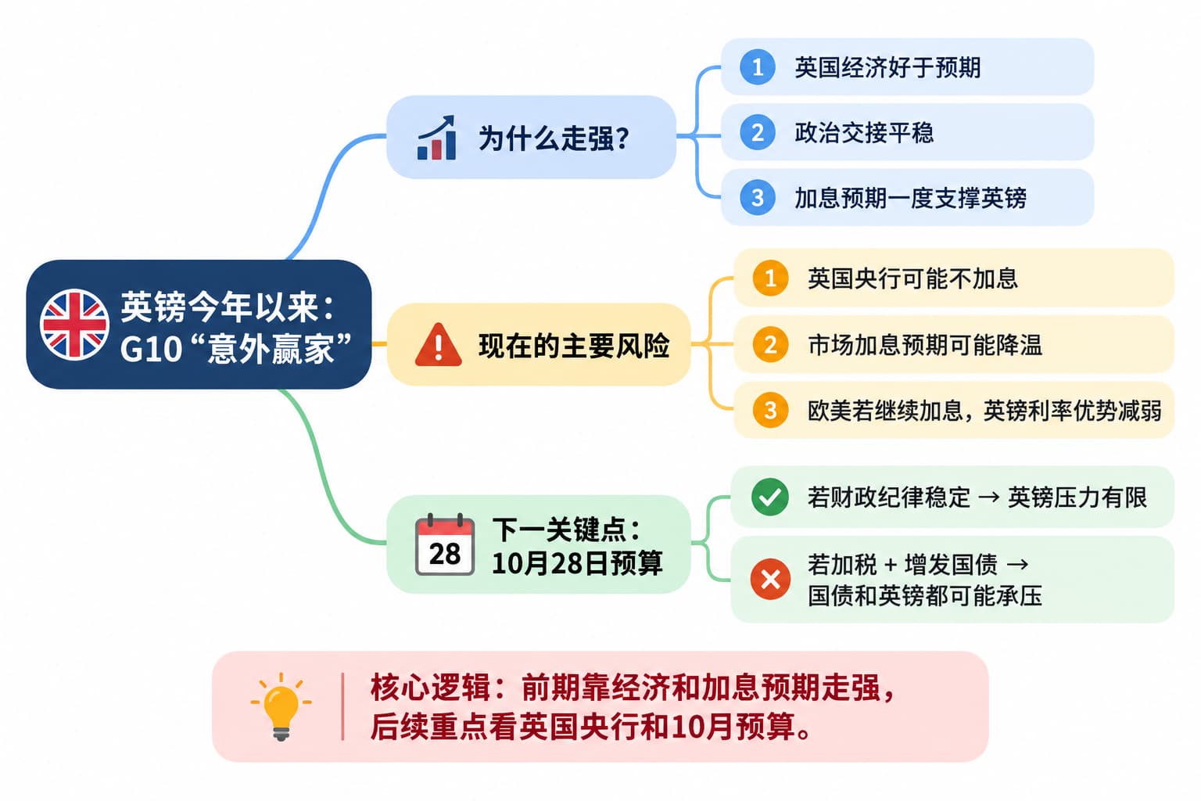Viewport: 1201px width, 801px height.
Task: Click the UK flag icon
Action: pos(74,324)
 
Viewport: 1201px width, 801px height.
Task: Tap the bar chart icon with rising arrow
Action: pos(436,138)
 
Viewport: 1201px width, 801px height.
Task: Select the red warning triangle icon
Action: pos(438,345)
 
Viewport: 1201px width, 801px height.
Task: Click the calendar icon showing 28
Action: pos(444,544)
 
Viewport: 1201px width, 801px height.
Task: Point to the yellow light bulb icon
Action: pos(281,706)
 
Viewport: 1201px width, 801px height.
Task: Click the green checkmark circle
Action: pos(770,497)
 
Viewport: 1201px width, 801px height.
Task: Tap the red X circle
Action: pos(770,579)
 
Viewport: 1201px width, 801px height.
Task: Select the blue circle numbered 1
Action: pos(757,67)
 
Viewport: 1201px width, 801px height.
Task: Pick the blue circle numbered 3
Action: pos(757,197)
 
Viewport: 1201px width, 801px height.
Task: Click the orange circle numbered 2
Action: pos(770,344)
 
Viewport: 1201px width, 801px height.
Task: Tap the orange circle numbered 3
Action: pos(770,411)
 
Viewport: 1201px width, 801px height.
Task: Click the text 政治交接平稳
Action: pos(864,132)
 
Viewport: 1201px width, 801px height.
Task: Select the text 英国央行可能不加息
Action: pos(912,278)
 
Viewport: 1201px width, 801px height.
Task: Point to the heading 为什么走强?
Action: pos(554,138)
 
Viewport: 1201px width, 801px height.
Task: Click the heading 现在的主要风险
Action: pos(574,346)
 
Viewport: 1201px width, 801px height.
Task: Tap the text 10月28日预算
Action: pos(578,563)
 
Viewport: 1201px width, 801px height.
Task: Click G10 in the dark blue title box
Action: pos(151,349)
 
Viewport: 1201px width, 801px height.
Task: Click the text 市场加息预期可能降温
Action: pos(925,345)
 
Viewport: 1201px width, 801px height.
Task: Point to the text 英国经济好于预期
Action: pos(888,67)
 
